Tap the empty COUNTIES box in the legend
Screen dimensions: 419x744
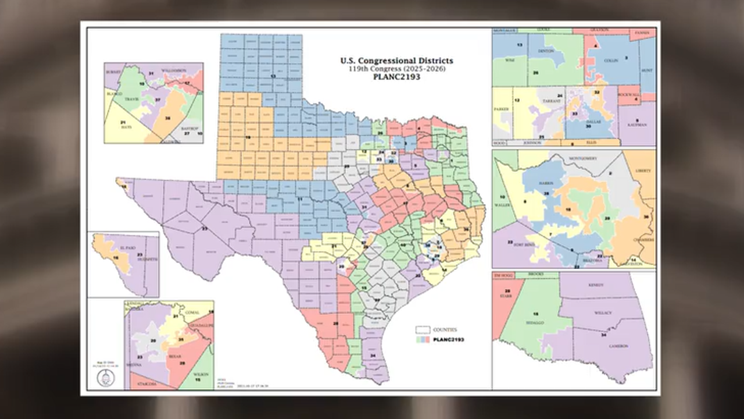(x=423, y=330)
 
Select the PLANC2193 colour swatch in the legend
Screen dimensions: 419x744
(x=423, y=339)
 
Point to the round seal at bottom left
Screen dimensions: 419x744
(x=106, y=378)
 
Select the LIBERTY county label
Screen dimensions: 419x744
(x=643, y=171)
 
